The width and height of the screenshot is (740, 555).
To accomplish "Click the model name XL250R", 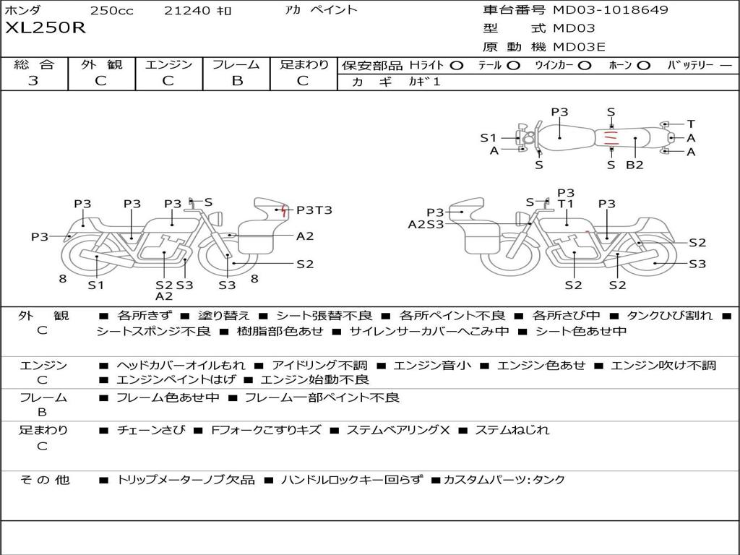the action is click(46, 28).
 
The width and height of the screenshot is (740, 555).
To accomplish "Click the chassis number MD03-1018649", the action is click(611, 9).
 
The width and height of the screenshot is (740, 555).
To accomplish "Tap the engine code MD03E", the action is click(579, 47).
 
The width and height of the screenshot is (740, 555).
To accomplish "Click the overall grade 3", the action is click(33, 81).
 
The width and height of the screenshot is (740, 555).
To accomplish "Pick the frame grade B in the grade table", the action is click(237, 81).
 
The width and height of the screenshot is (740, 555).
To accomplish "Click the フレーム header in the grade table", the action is click(236, 64).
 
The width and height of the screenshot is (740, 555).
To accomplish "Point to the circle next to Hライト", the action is click(457, 66).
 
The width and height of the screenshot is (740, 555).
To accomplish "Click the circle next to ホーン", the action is click(644, 66).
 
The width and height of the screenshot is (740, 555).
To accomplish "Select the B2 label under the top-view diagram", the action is click(634, 165).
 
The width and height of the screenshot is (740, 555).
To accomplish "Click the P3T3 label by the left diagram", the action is click(314, 210).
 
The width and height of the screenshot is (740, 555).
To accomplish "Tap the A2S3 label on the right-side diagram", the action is click(426, 224).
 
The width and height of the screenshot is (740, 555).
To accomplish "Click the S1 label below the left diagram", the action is click(96, 285).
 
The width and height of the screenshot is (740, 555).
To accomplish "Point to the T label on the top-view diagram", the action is click(691, 124).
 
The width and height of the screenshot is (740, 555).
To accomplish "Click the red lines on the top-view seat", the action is click(611, 138).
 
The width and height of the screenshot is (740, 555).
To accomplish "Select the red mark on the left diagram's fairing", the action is click(283, 210).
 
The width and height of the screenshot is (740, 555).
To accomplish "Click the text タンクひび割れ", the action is click(669, 315).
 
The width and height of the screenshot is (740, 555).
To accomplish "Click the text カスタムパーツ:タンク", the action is click(504, 480).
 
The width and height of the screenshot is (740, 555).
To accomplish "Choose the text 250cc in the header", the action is click(112, 10).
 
